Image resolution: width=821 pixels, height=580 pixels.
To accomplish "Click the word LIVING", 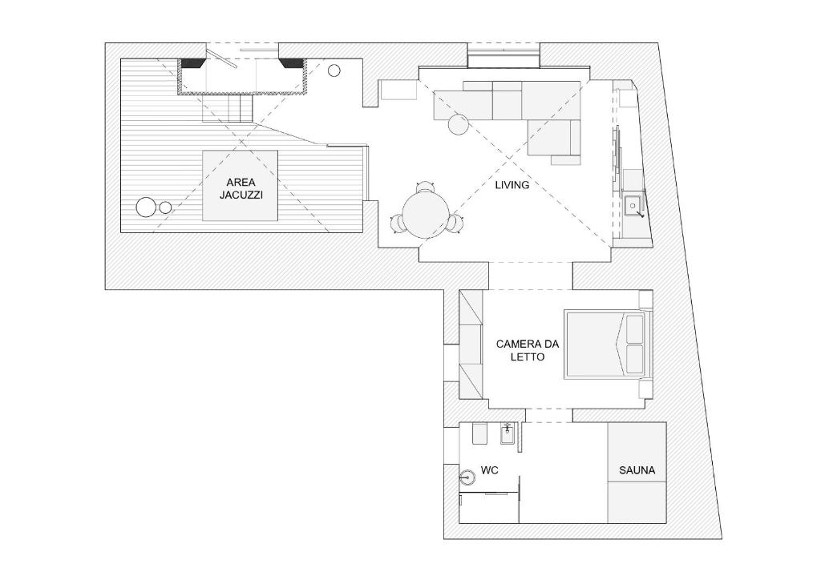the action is point(512,185).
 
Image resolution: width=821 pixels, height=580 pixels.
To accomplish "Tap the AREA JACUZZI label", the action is point(241,189).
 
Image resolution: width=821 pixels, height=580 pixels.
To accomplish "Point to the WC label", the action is point(490,471).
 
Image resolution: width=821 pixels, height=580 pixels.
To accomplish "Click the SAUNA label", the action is point(637,470).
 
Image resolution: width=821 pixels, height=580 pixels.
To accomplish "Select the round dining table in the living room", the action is point(426,215).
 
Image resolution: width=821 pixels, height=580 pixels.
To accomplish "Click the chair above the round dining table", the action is point(426,187).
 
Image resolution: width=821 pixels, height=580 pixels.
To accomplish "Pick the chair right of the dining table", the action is point(455,224).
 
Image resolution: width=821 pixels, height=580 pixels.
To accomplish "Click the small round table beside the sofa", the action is point(459,124).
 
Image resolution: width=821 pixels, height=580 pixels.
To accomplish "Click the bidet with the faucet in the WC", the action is point(508,434).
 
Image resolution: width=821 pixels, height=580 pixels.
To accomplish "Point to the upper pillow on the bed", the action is point(634,328).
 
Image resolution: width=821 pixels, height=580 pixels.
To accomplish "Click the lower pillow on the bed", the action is point(634,359).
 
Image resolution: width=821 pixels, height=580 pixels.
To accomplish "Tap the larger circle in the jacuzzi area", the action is point(146,207).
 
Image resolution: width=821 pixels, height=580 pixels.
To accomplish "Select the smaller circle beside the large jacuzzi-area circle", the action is point(165,207).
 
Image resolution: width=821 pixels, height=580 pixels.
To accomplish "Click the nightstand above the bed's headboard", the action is point(645,300).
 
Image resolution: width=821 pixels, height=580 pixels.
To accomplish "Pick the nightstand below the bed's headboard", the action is point(645,389).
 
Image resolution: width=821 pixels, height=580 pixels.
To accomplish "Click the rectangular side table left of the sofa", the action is point(398,90).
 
